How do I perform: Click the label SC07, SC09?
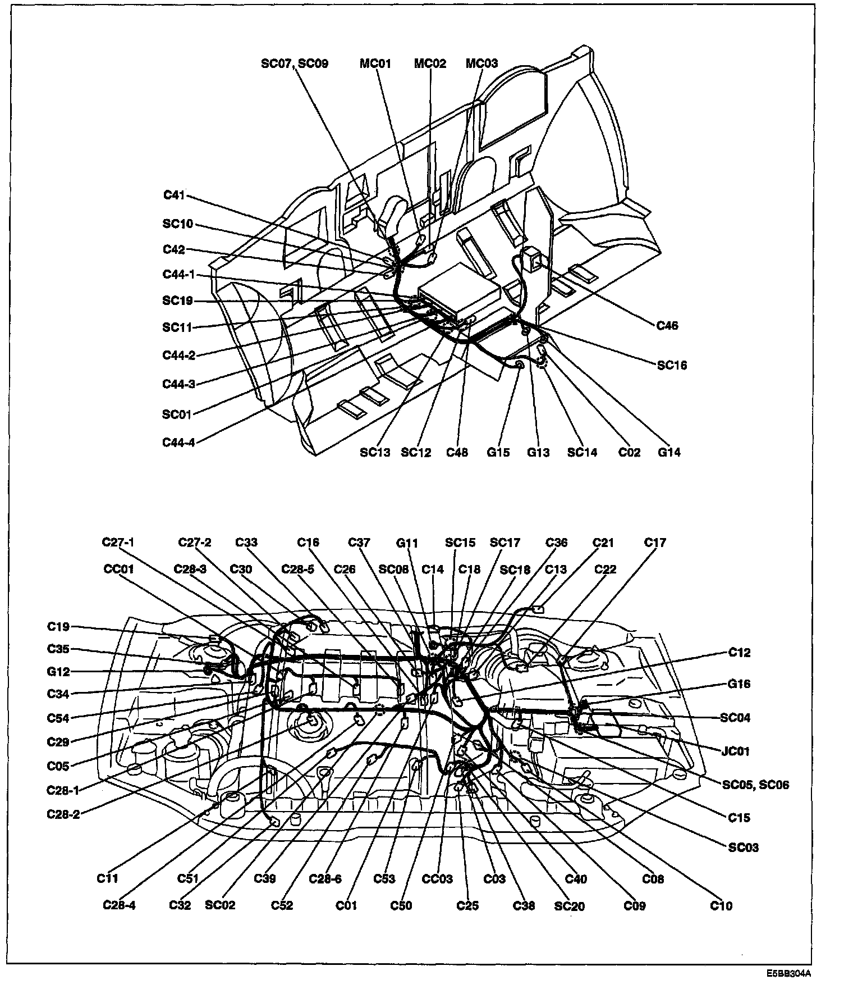pos(294,64)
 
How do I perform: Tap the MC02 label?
pos(430,64)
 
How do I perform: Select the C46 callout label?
pos(667,325)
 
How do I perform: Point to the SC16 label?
pos(672,365)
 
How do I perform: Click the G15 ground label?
pos(498,452)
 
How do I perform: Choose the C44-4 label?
pos(178,442)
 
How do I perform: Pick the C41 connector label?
pos(174,195)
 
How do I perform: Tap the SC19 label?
pos(177,301)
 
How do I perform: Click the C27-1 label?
pos(118,543)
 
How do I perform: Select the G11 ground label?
pos(407,543)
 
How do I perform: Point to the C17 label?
pos(655,543)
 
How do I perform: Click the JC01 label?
pos(735,751)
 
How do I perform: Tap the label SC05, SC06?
pos(755,785)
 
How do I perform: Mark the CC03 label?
pos(437,879)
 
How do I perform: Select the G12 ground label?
pos(58,672)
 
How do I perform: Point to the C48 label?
pos(457,452)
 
